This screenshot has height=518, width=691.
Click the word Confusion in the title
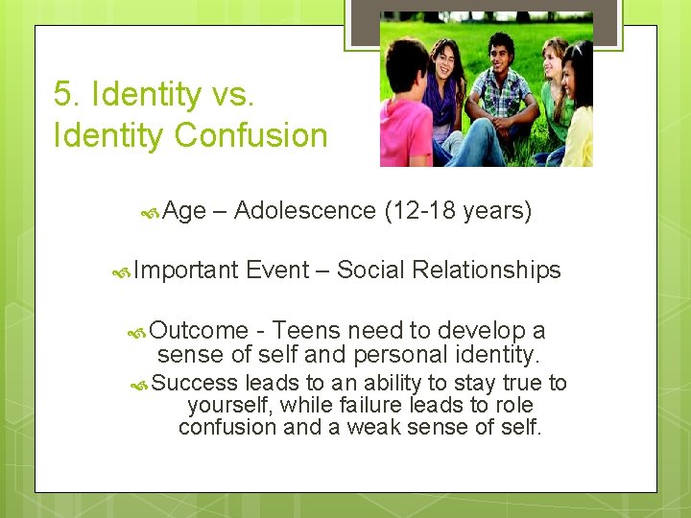click(x=250, y=136)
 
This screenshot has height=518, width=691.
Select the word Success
click(x=196, y=384)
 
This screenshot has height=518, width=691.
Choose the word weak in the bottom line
click(x=390, y=426)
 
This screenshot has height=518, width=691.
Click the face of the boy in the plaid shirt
click(x=501, y=51)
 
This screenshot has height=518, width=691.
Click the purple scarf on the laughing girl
click(x=443, y=96)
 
